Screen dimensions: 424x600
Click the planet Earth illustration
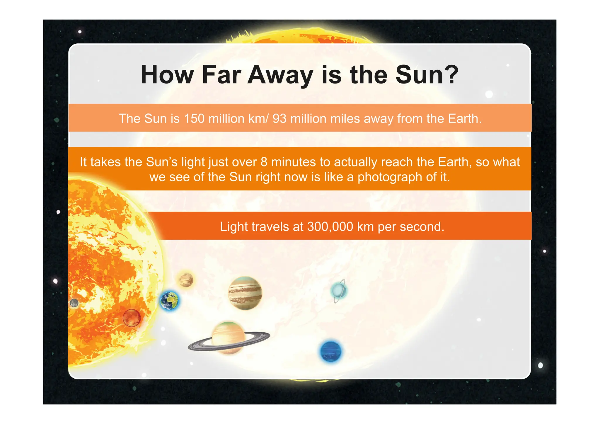169,301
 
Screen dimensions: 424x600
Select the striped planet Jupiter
245,293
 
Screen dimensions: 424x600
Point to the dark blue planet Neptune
331,351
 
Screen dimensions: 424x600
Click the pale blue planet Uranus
339,290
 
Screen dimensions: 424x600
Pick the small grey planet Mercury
74,303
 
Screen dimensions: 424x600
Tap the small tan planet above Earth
186,280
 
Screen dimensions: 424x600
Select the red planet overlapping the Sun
132,318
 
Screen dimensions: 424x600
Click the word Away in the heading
280,75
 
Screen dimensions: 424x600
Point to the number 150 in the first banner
194,119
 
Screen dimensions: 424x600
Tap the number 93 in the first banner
279,119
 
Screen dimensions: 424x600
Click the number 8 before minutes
264,162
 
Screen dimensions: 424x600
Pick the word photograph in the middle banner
390,177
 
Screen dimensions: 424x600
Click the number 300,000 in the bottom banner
330,227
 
